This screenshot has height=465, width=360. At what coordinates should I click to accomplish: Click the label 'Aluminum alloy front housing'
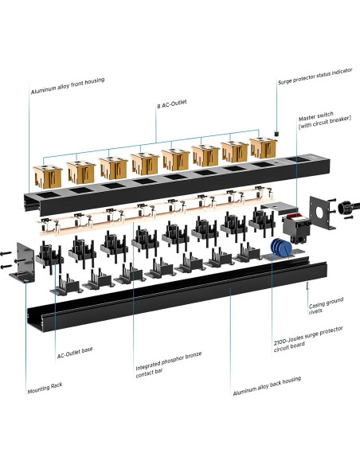[x=68, y=86]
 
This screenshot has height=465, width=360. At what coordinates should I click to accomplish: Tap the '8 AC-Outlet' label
[x=172, y=104]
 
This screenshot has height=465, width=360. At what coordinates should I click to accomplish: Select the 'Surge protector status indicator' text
[x=315, y=76]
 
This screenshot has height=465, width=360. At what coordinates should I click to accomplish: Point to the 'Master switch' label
[x=316, y=116]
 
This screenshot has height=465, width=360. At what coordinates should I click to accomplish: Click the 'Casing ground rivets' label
[x=326, y=306]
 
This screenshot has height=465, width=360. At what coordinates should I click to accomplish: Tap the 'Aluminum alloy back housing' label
[x=267, y=385]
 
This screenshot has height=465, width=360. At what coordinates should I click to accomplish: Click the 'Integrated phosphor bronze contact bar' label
[x=168, y=365]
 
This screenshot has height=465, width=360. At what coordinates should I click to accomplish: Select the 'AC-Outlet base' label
[x=75, y=352]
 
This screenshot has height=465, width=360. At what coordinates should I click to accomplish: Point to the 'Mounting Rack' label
[x=45, y=389]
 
